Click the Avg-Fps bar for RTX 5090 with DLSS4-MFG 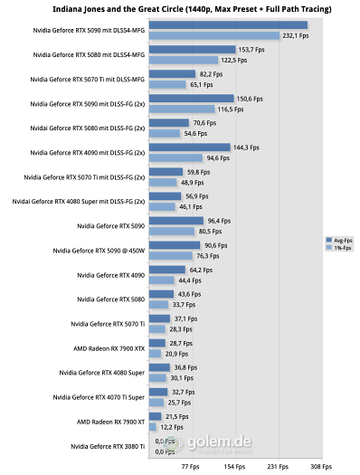click(228, 25)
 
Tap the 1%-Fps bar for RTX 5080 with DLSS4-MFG click(183, 60)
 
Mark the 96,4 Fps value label click(220, 220)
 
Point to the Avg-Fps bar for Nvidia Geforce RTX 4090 click(166, 270)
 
